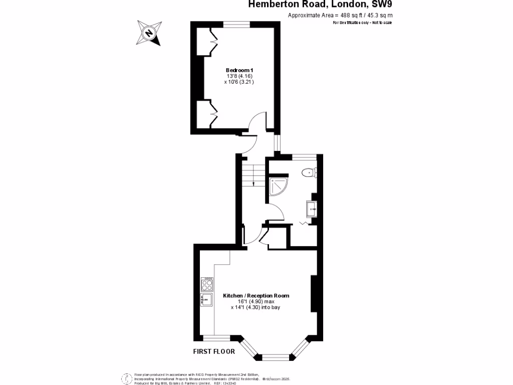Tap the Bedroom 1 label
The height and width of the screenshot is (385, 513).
239,70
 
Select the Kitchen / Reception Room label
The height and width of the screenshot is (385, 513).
256,296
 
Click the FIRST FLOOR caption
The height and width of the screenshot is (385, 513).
214,351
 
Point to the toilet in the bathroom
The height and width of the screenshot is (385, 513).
308,173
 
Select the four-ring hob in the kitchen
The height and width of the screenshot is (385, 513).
207,285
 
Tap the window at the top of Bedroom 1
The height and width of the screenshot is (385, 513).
236,24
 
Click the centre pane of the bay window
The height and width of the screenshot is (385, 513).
273,357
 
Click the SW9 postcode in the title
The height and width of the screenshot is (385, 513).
382,5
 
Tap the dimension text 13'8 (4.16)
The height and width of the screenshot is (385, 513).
239,76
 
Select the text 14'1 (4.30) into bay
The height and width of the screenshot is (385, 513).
255,307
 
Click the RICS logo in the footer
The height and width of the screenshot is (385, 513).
126,378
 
